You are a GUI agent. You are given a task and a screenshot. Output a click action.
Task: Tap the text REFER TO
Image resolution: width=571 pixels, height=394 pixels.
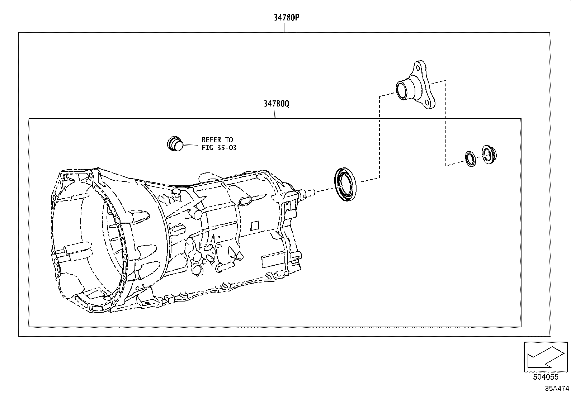coord(217,140)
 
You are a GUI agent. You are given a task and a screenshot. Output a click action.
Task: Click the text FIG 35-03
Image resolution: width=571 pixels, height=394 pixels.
coord(219,147)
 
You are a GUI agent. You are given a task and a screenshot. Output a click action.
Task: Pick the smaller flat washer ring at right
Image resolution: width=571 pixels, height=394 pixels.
coord(470,158)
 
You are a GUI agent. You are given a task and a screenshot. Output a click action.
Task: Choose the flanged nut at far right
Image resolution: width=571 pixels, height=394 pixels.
coord(488,155)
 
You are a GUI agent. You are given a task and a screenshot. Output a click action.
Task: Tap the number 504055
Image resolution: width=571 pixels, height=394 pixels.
coord(546,377)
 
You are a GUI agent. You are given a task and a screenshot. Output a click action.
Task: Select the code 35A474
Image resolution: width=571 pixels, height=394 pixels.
coord(557,388)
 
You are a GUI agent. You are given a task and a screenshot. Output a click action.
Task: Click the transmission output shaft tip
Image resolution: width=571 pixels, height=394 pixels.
coord(311,193)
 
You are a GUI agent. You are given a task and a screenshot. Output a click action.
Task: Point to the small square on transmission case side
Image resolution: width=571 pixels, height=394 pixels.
coord(255,226)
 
